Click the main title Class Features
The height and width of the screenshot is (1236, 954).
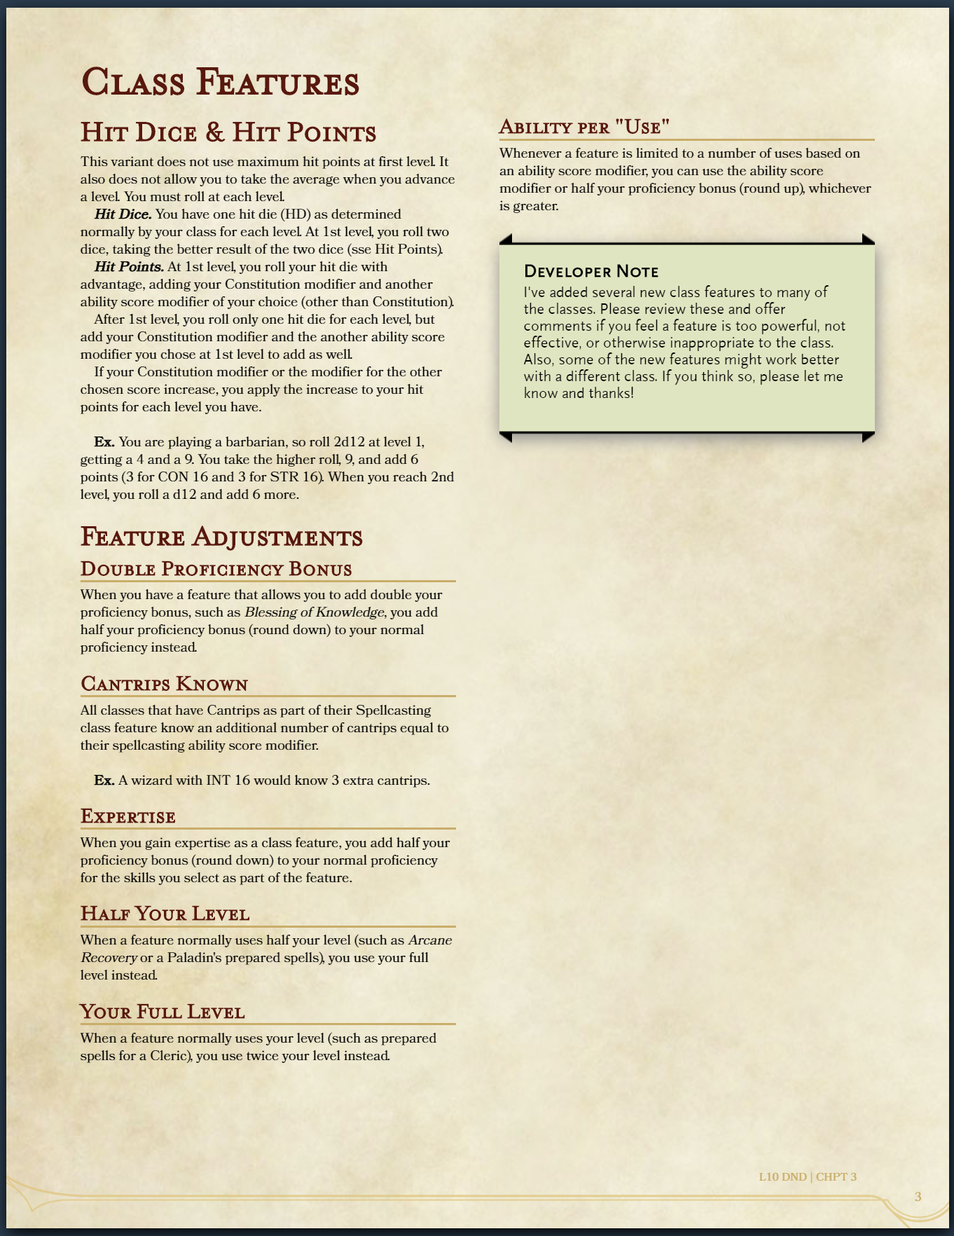(x=220, y=83)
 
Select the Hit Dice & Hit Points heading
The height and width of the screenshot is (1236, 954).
(x=228, y=132)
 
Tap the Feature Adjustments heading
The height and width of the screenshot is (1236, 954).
(x=221, y=537)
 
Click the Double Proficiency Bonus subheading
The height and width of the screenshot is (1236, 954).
(x=216, y=569)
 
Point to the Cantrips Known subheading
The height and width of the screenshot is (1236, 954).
(x=164, y=684)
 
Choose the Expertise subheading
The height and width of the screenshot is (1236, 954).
(x=127, y=816)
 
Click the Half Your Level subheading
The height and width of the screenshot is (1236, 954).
(x=165, y=914)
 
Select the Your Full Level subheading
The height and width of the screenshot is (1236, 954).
(x=162, y=1012)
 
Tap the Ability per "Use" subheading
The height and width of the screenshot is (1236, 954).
(x=584, y=128)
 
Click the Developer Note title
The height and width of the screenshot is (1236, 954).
(x=591, y=272)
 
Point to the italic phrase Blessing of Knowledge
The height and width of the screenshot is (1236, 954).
(x=314, y=612)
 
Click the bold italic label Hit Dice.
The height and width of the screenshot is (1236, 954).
(x=123, y=214)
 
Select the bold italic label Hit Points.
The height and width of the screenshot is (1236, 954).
(x=129, y=267)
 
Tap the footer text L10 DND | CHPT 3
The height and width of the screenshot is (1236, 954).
(x=807, y=1176)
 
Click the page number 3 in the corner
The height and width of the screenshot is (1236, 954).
(x=918, y=1196)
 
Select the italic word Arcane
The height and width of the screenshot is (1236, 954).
(x=430, y=940)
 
